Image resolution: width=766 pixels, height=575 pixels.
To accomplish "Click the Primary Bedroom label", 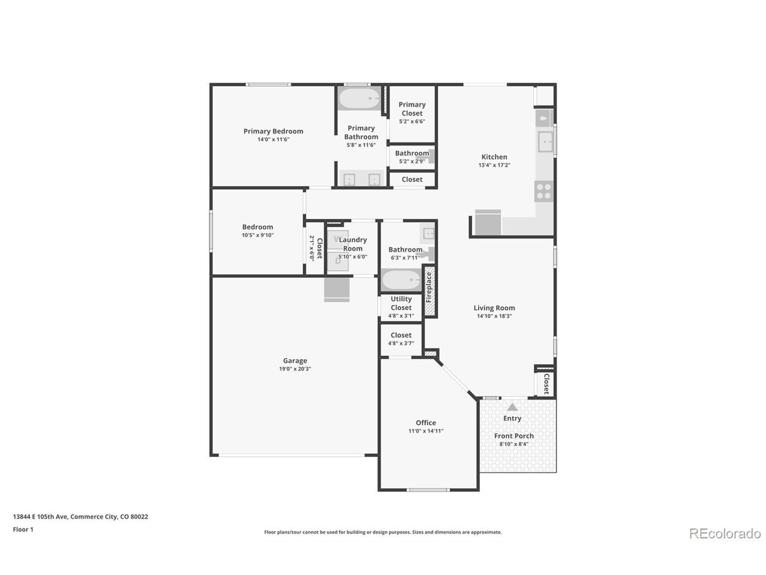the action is tap(273, 131).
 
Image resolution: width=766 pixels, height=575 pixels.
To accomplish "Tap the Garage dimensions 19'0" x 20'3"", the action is tap(295, 369).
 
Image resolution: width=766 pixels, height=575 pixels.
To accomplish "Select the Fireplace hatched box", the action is tap(429, 291).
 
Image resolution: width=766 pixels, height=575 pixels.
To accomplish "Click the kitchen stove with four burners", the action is tap(543, 191).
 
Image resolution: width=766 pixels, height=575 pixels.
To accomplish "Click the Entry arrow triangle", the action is tap(512, 407).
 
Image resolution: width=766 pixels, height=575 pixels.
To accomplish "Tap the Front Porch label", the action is tap(513, 436).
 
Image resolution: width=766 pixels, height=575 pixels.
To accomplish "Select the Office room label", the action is tap(425, 423).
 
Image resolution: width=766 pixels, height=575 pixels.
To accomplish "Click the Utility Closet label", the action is tap(401, 304).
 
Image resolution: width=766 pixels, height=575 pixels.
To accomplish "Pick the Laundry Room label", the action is tap(353, 244).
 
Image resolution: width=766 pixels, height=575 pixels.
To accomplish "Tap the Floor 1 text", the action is tap(23, 529).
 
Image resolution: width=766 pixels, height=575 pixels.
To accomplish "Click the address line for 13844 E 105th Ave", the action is tap(81, 517).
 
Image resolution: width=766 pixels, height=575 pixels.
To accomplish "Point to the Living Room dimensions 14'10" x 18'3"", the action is tap(494, 316).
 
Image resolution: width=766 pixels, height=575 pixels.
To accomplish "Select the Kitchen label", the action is tap(494, 157).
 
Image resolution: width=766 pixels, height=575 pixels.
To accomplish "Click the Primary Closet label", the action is tap(412, 109).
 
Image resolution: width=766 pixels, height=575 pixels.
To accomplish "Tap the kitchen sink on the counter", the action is tap(545, 141).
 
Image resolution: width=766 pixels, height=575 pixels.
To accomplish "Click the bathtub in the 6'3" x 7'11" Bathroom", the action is tap(402, 280).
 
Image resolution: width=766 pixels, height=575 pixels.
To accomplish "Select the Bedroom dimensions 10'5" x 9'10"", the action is tap(257, 235).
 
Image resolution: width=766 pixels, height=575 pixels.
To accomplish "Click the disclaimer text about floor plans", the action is tap(383, 532).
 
